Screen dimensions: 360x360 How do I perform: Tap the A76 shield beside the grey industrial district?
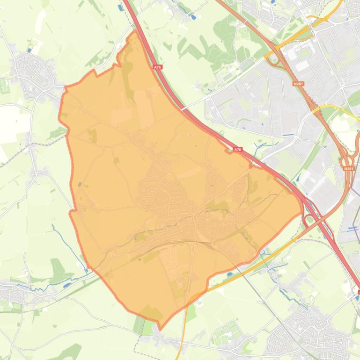(238, 150)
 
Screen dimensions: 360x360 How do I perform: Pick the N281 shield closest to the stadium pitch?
(297, 83)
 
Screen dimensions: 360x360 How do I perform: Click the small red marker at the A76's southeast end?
(358, 292)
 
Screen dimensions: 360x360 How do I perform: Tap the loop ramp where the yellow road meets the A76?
(309, 220)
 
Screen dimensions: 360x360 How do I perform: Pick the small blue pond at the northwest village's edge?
(30, 49)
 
